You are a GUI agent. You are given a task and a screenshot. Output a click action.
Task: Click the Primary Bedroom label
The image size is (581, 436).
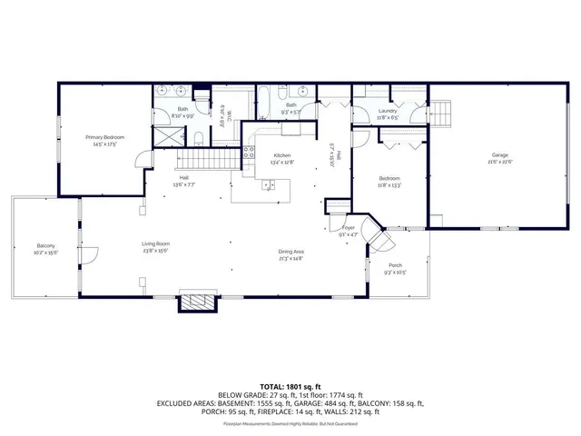point(105,137)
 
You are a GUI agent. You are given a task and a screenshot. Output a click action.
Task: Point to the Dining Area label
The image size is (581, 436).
point(290,252)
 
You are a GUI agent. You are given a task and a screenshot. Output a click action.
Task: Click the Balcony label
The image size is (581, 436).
point(45,246)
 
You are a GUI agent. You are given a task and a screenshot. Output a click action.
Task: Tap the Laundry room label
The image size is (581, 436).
point(388,111)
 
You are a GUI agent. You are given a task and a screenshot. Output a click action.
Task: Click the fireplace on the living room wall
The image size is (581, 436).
point(198,302)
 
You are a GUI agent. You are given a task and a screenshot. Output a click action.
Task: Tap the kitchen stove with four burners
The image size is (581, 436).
point(248,154)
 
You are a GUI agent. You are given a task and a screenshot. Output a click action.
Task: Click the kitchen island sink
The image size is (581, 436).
point(269,185)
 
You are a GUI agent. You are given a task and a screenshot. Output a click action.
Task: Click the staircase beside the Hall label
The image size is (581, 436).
point(217,163)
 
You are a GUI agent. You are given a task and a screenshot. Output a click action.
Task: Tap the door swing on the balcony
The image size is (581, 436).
point(89,256)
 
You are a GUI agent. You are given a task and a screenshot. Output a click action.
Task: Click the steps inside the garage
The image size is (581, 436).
point(442,114)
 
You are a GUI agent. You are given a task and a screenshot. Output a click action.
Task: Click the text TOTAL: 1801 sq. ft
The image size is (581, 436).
point(290,385)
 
